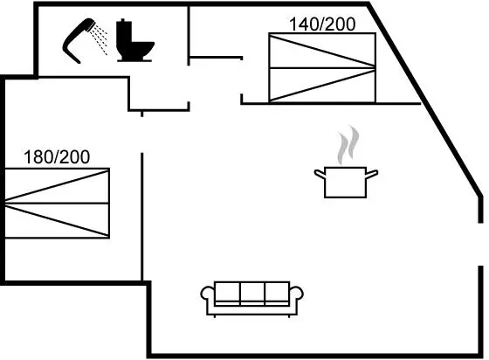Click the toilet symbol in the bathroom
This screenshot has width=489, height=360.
(134, 40)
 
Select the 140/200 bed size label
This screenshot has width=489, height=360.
(322, 24)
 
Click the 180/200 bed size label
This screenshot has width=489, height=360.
(57, 157)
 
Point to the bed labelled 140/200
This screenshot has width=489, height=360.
(322, 67)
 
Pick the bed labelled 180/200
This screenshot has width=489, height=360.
(57, 204)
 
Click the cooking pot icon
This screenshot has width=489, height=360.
(346, 182)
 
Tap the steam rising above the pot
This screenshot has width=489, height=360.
(348, 145)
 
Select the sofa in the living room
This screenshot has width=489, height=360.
(251, 299)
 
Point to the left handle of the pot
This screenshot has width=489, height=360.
(320, 174)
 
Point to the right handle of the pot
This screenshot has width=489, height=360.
(372, 174)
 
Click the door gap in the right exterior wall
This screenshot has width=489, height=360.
(480, 245)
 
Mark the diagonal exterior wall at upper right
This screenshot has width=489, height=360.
(424, 100)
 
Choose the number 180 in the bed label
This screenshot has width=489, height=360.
(37, 157)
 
